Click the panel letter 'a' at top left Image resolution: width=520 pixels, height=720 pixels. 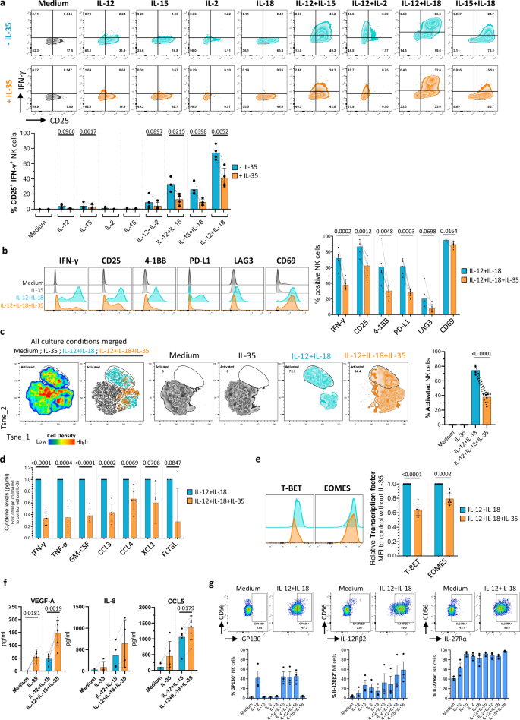click(x=5, y=5)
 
